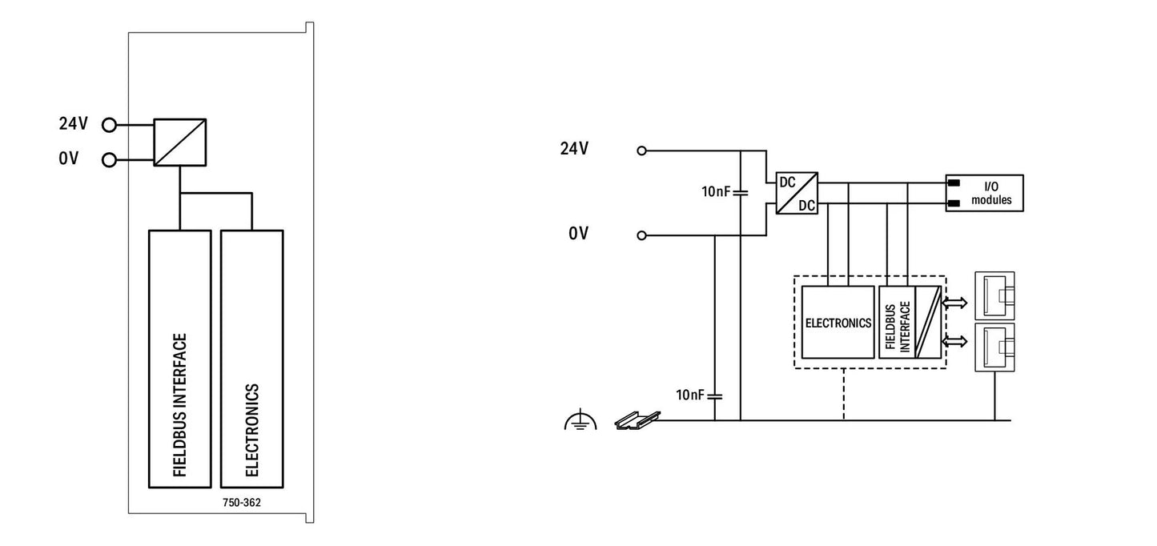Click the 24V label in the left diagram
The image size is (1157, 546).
(74, 125)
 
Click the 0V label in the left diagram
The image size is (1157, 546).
(69, 159)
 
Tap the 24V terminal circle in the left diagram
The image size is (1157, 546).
(110, 125)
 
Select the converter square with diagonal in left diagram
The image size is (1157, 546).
(180, 142)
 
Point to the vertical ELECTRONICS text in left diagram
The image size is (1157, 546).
(251, 430)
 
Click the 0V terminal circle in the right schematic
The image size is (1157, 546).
(641, 235)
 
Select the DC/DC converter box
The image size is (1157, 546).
(796, 193)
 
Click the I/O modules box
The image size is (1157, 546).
(984, 193)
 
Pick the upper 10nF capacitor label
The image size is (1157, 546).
(717, 192)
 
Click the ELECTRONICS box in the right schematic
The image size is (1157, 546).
(838, 323)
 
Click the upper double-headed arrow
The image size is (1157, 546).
(956, 303)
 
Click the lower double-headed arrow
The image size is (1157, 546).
(956, 342)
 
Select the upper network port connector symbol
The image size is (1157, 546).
(994, 295)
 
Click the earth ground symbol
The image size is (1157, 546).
(580, 420)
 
